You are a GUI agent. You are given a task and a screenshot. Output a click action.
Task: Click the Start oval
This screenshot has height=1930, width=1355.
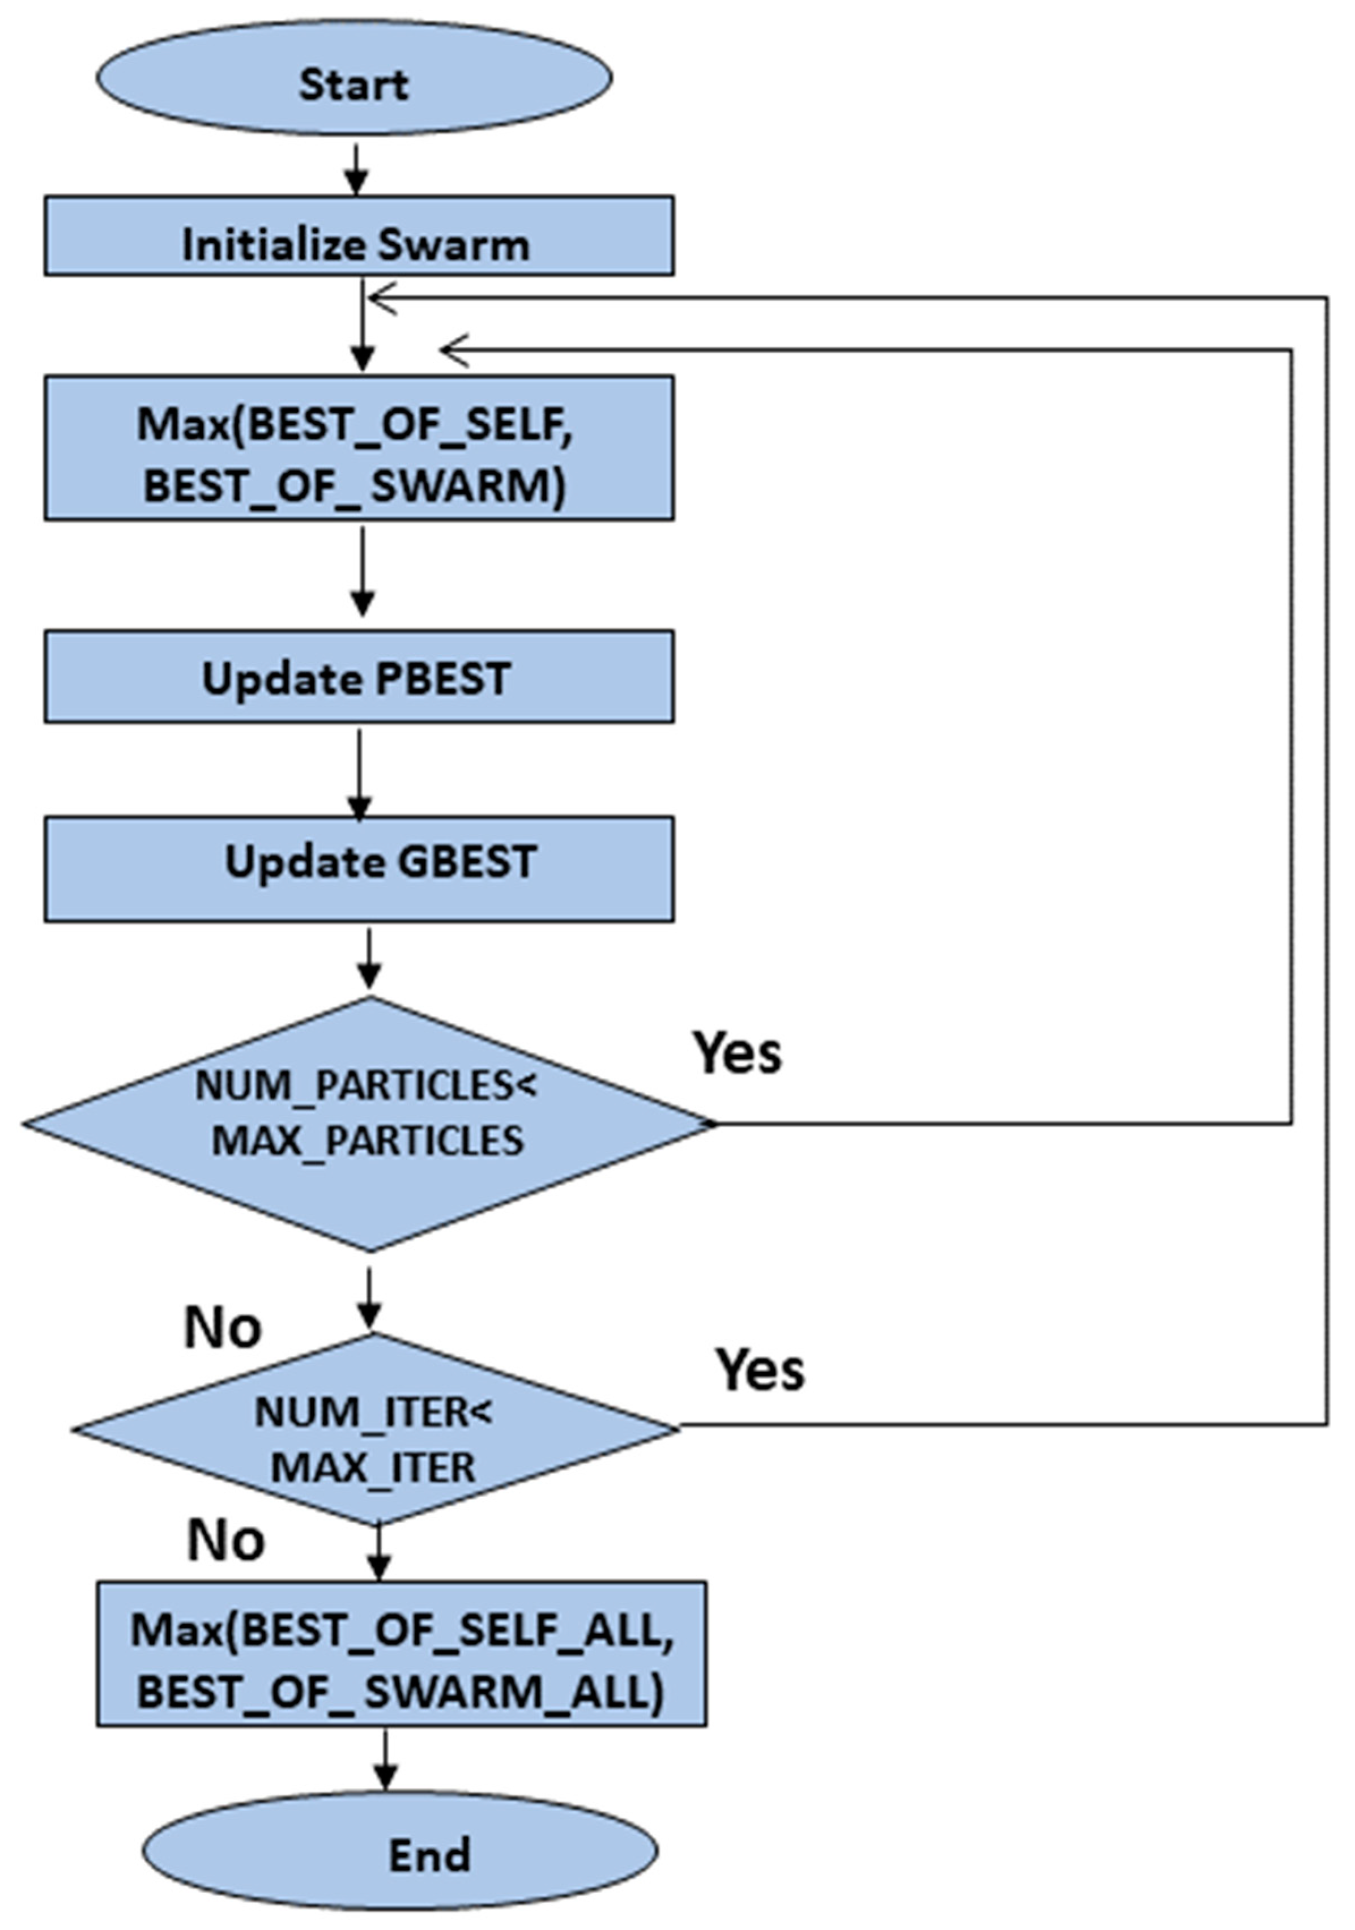coord(354,78)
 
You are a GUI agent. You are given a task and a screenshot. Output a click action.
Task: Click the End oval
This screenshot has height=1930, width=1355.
coord(400,1854)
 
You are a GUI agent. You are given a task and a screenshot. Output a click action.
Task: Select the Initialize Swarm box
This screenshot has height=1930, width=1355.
coord(359,236)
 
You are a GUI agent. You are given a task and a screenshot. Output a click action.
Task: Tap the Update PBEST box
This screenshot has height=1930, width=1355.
coord(359,677)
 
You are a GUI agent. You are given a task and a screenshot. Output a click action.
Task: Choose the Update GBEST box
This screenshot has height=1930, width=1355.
coord(359,868)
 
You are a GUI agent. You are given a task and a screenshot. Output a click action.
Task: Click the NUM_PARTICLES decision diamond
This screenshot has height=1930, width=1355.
coord(368,1124)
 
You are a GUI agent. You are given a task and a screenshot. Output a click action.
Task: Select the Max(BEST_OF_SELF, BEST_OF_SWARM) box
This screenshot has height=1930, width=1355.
coord(359,448)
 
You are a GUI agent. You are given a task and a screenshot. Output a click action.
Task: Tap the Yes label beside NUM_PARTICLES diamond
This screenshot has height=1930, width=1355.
coord(736,1052)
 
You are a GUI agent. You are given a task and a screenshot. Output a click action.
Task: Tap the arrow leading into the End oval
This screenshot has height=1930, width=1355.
coord(385,1758)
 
